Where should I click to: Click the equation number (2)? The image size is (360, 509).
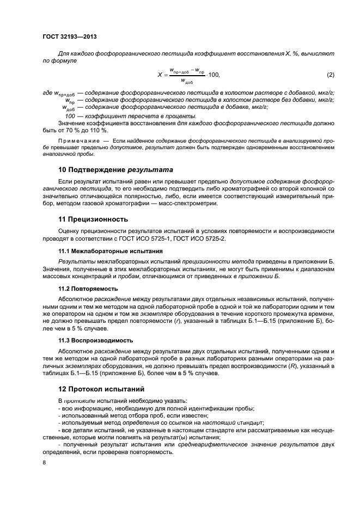[x=330, y=74]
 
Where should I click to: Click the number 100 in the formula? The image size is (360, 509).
[x=213, y=75]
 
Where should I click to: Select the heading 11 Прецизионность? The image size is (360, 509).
[x=93, y=219]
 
